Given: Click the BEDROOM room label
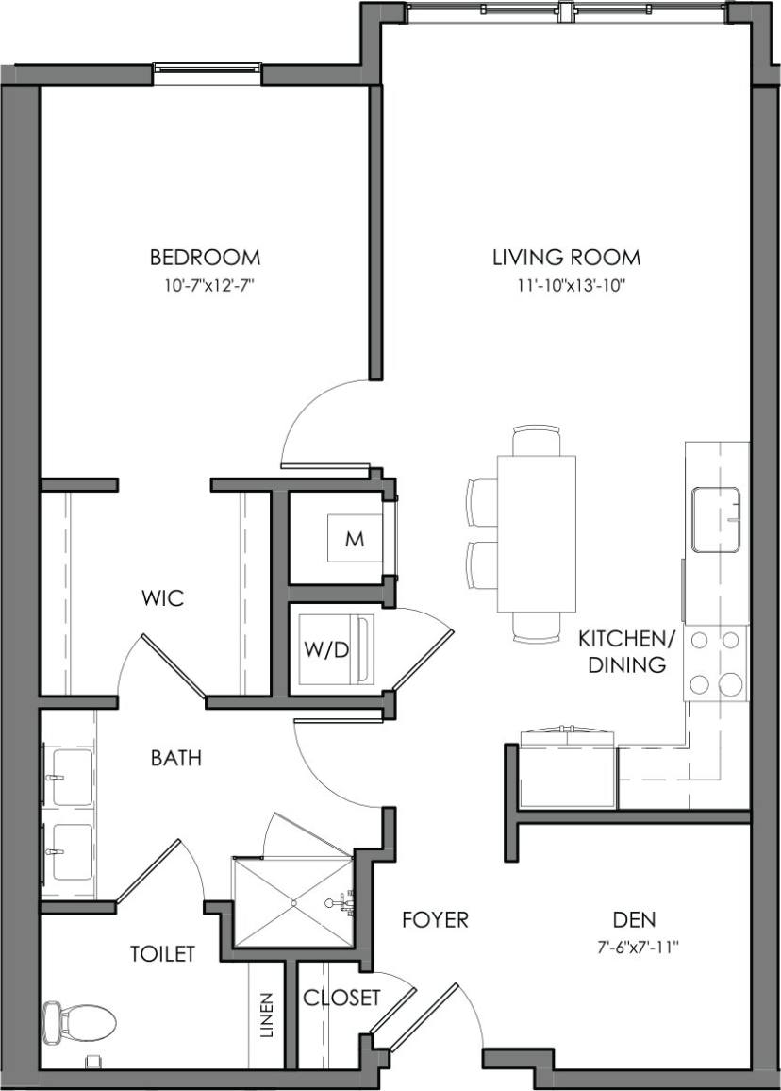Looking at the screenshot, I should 205,257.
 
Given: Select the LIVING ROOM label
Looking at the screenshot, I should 566,257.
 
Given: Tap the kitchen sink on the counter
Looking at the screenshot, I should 716,519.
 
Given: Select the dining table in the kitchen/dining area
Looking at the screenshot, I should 536,533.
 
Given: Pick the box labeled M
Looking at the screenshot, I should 354,539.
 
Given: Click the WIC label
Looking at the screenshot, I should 162,598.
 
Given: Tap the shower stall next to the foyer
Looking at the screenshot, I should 292,901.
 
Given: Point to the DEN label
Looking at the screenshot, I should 634,919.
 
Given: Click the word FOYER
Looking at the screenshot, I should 435,919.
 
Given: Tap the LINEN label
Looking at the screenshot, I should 266,1015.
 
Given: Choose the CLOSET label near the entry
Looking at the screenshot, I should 341,998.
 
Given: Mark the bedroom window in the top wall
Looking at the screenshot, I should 207,68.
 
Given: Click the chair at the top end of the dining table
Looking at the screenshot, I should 536,440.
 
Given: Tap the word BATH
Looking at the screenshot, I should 176,758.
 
